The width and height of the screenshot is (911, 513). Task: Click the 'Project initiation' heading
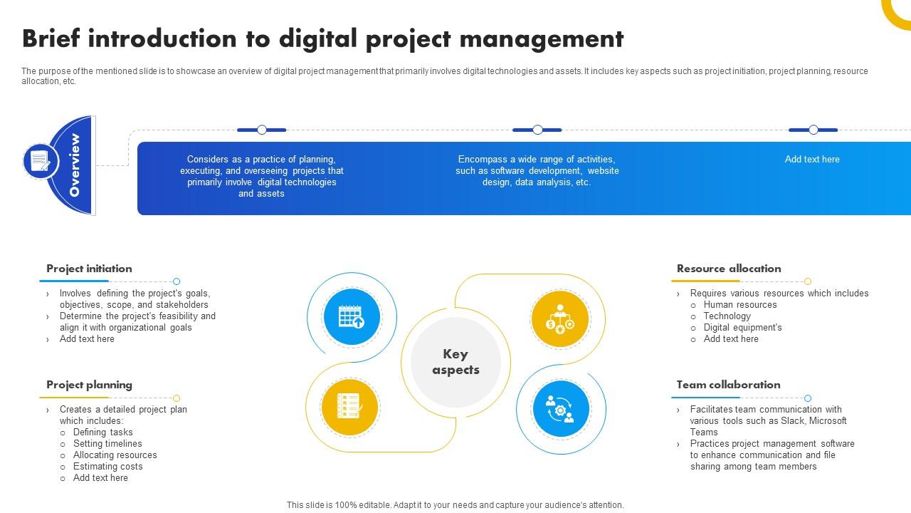(89, 269)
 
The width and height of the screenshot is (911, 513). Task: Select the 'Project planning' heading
(89, 385)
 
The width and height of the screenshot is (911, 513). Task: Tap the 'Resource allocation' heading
(729, 269)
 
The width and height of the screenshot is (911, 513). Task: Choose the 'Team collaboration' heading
(728, 385)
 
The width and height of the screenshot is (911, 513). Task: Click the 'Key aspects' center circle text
(455, 362)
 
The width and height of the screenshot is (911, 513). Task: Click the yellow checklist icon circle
(349, 407)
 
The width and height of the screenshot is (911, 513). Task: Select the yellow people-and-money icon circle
(560, 319)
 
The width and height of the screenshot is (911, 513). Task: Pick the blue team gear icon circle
(561, 409)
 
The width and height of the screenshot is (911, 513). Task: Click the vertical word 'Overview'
(75, 165)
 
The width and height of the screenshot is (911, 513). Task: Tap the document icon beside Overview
(41, 161)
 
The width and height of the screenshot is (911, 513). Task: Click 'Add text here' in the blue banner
(812, 160)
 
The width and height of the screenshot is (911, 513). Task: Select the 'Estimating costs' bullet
(107, 467)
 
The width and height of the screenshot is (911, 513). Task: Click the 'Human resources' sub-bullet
(740, 305)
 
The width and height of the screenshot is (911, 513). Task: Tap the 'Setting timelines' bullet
(107, 444)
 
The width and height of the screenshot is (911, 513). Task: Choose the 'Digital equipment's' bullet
(742, 328)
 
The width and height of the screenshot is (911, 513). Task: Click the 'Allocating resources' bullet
(115, 455)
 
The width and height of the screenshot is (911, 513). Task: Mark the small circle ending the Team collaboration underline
(808, 398)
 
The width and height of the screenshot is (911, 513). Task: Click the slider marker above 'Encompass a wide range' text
(537, 130)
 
